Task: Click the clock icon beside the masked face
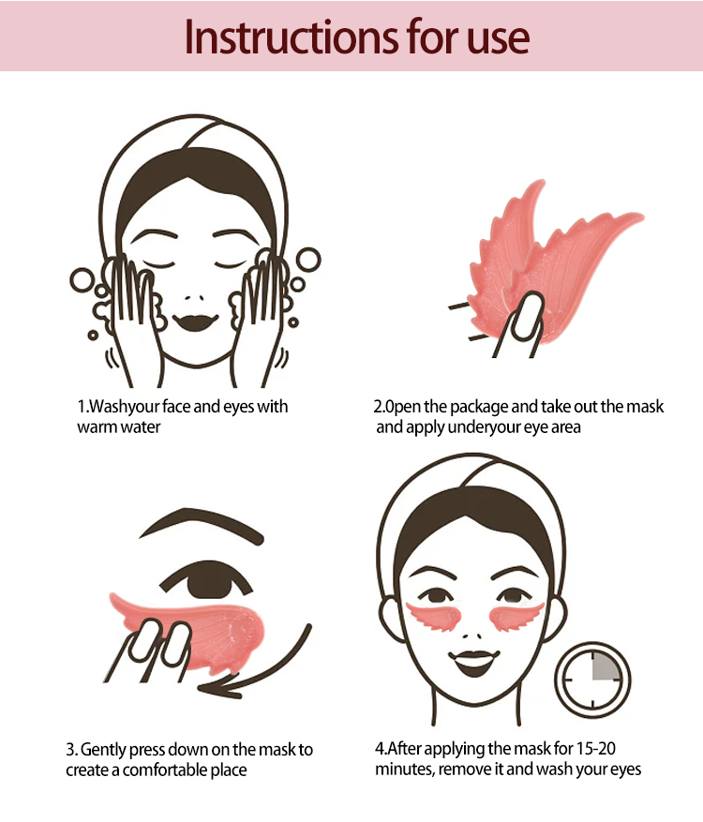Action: pos(593,680)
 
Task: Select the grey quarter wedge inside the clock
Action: pos(604,666)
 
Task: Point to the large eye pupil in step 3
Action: pos(210,580)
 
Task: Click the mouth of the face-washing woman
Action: pos(196,321)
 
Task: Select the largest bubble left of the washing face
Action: pos(82,280)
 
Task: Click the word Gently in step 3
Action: pos(103,751)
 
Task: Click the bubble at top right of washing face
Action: pos(308,260)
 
